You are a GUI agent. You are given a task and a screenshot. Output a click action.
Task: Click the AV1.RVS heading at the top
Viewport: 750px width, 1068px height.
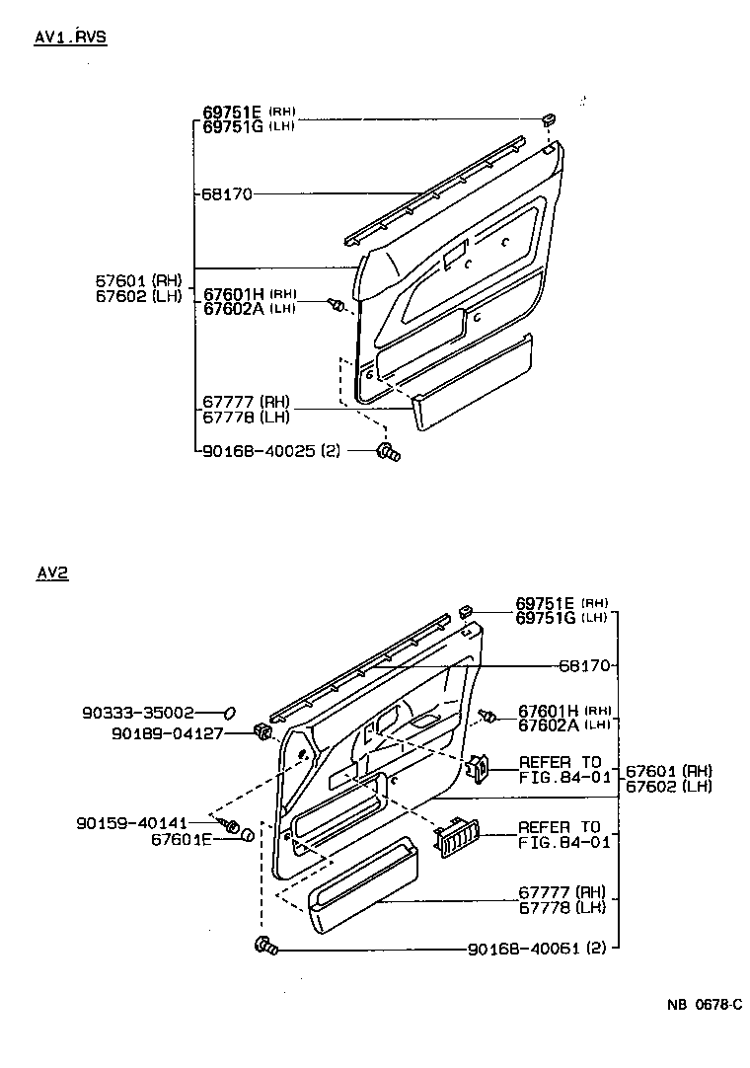[x=70, y=38]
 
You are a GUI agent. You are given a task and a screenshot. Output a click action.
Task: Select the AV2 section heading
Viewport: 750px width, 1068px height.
[x=52, y=572]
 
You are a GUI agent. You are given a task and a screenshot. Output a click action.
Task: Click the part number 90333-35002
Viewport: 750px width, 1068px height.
[x=137, y=711]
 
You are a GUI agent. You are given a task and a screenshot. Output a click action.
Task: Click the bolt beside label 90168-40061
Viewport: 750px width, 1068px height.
[x=265, y=946]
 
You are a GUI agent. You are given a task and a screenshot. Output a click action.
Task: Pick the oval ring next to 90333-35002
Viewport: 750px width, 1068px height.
[x=230, y=711]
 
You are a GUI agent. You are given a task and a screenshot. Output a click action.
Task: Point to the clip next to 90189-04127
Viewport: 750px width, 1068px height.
[x=262, y=732]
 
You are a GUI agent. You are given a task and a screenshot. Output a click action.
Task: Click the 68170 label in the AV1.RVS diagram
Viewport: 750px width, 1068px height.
[x=228, y=194]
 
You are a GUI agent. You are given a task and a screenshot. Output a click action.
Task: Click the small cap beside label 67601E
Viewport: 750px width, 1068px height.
[x=247, y=836]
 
